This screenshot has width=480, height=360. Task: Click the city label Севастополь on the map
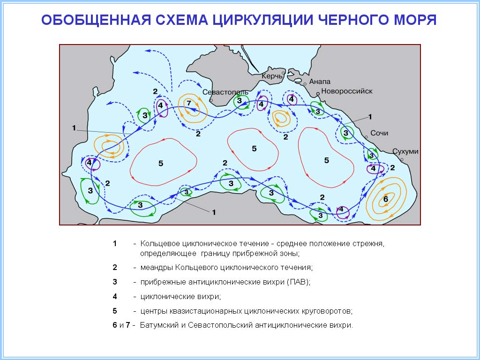(x=225, y=92)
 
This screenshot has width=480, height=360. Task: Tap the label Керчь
(x=272, y=76)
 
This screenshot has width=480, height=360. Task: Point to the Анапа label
(x=320, y=82)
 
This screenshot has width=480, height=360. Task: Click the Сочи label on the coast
(x=379, y=133)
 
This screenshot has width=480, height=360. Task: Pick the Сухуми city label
(x=405, y=152)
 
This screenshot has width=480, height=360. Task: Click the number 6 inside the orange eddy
(x=386, y=199)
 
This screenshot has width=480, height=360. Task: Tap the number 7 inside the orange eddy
(x=188, y=103)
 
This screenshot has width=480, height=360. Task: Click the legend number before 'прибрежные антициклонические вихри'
(x=115, y=282)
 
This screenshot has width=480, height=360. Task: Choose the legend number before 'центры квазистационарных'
(x=115, y=311)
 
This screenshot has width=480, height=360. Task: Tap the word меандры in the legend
(x=156, y=268)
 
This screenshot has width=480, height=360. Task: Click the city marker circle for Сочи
(x=366, y=137)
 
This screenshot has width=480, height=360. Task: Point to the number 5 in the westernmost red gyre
(x=161, y=163)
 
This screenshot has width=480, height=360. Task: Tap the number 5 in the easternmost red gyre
(x=327, y=160)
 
